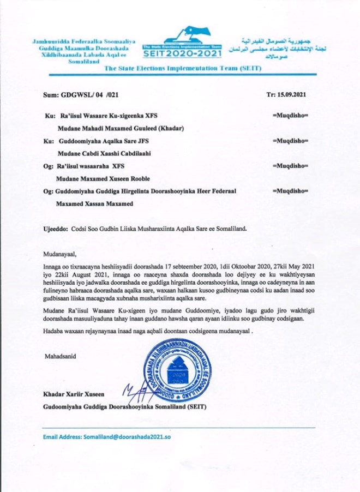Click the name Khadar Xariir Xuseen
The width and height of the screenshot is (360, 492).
tap(71, 393)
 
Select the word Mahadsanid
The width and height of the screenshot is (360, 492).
tap(61, 356)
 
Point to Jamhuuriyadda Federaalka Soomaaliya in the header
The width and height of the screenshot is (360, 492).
tap(83, 41)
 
